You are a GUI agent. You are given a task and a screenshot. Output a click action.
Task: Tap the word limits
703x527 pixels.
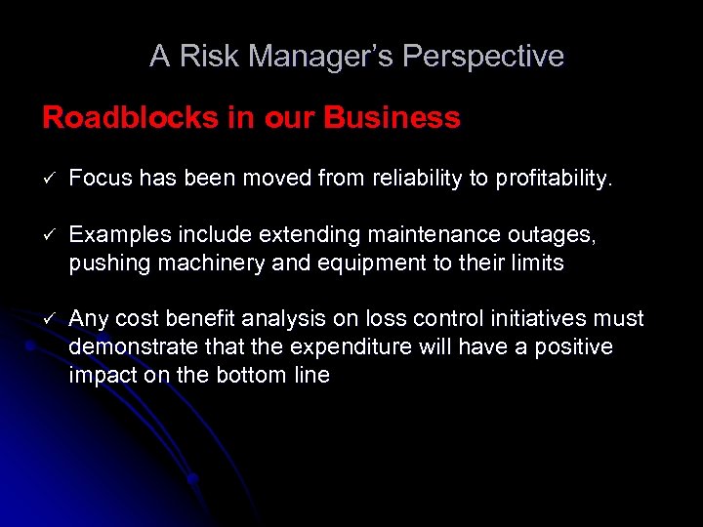coord(540,263)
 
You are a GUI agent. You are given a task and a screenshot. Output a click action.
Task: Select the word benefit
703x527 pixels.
coord(201,319)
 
